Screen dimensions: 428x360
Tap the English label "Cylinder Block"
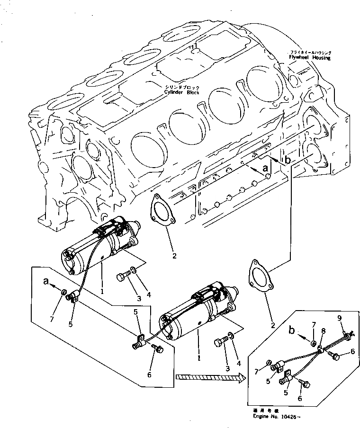(x=182, y=92)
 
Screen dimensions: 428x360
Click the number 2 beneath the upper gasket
(x=174, y=256)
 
